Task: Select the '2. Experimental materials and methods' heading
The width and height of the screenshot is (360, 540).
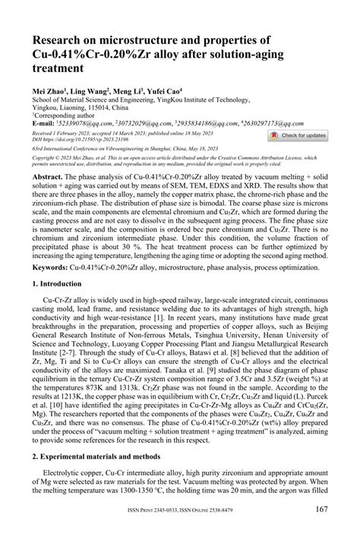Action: (x=99, y=458)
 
